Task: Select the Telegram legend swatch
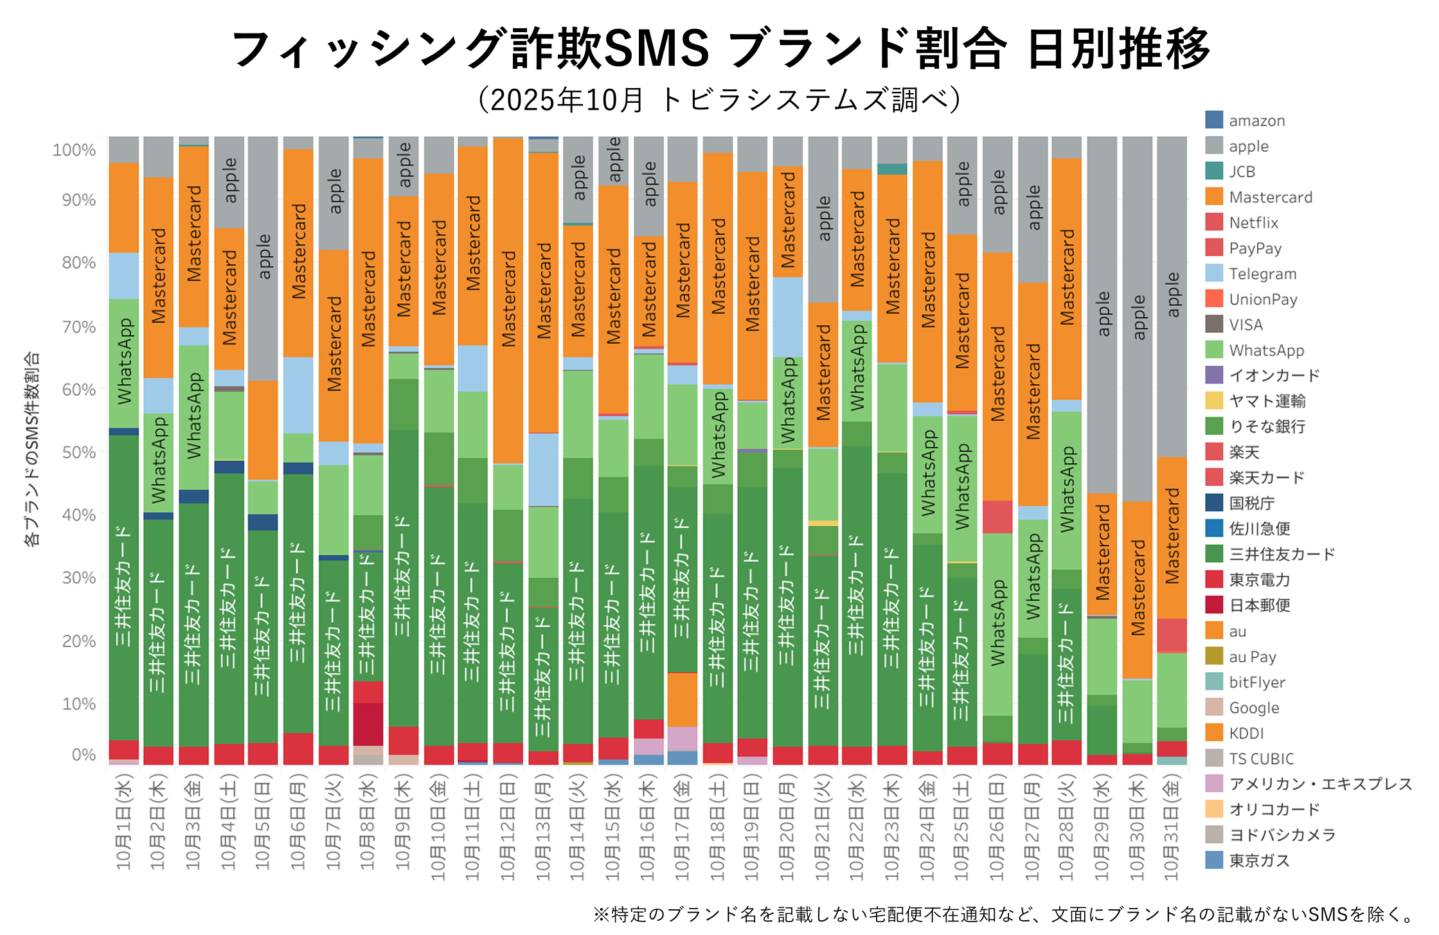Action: tap(1214, 273)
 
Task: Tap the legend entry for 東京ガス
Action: tap(1259, 860)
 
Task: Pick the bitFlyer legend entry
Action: tap(1256, 682)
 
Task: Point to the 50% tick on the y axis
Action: tap(78, 452)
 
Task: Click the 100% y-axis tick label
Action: tap(74, 150)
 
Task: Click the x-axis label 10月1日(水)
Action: tap(123, 823)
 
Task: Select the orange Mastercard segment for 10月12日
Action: tap(508, 299)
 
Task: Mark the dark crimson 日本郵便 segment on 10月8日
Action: tap(368, 724)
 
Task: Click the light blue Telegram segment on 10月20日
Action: tap(787, 316)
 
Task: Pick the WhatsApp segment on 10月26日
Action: tap(997, 623)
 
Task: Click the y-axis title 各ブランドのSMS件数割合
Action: tap(31, 448)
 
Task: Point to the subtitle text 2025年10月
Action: tap(566, 100)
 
